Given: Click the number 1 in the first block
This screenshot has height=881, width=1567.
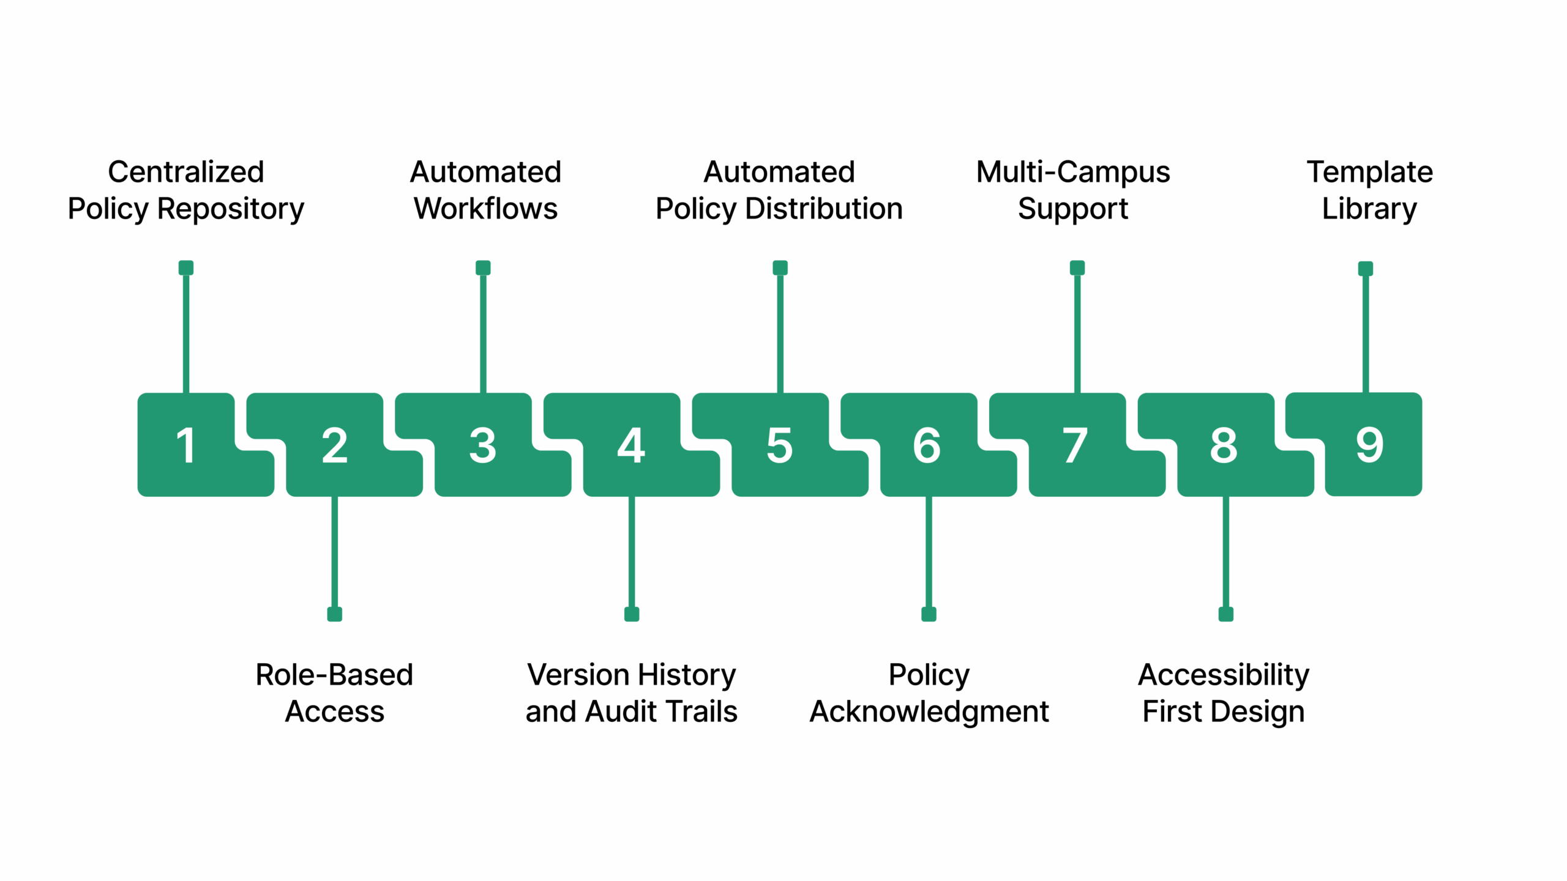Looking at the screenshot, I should click(185, 445).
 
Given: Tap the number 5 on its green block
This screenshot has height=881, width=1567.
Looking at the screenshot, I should click(779, 445).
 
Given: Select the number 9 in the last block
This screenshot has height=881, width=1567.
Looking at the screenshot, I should click(1369, 445).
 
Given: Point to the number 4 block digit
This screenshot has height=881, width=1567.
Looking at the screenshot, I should click(631, 445).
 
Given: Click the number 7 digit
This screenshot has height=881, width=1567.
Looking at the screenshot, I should click(1075, 445).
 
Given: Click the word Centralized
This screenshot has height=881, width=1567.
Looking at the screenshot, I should click(186, 172).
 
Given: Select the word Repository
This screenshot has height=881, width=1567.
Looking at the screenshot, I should click(231, 209).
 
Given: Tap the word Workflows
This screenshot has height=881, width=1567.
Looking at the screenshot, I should click(485, 209).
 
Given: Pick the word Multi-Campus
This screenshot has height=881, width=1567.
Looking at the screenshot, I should click(1073, 172).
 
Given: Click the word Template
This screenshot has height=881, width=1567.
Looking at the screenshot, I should click(1370, 172).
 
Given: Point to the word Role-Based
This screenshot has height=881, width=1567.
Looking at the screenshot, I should click(334, 675).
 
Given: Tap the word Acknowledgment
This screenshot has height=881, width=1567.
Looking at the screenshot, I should click(929, 712).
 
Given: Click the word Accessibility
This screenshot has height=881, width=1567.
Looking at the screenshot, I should click(1224, 675).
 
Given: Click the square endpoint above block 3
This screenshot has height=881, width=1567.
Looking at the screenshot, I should click(483, 268).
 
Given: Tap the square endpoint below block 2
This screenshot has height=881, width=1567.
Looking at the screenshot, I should click(334, 614).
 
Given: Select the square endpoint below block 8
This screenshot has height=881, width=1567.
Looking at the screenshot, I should click(1225, 614).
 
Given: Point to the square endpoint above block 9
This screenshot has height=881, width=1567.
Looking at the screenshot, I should click(1366, 269).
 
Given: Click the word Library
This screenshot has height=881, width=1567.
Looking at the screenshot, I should click(1369, 209).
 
